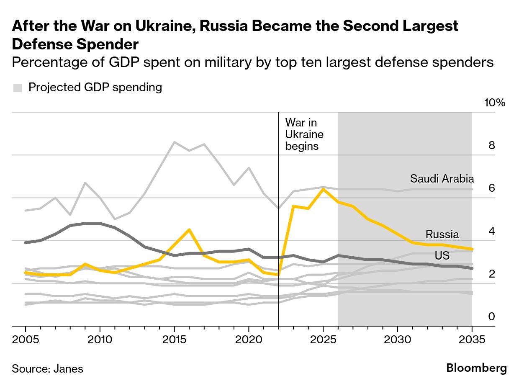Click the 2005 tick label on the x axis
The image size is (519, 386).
[x=26, y=338]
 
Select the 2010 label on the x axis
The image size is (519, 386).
[x=100, y=338]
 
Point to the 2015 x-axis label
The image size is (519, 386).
[x=174, y=338]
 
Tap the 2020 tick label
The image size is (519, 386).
[x=249, y=338]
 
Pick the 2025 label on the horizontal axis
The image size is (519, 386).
[x=323, y=338]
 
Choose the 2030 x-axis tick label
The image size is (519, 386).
[x=397, y=338]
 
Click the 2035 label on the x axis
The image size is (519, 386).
[x=472, y=338]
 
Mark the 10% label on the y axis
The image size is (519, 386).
[x=495, y=103]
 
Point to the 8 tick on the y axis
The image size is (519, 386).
[x=492, y=146]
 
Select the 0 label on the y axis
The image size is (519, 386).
[x=492, y=317]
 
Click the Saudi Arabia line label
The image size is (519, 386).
[x=442, y=179]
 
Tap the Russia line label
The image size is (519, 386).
[x=442, y=234]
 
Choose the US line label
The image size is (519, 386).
[x=442, y=255]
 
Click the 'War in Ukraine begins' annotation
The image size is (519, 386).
[x=304, y=134]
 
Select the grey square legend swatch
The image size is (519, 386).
[x=18, y=87]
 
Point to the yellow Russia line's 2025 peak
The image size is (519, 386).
[x=323, y=189]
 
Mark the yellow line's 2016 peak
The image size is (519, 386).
[x=189, y=229]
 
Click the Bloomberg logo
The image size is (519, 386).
[x=477, y=368]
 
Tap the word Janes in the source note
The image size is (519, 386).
[x=68, y=369]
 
